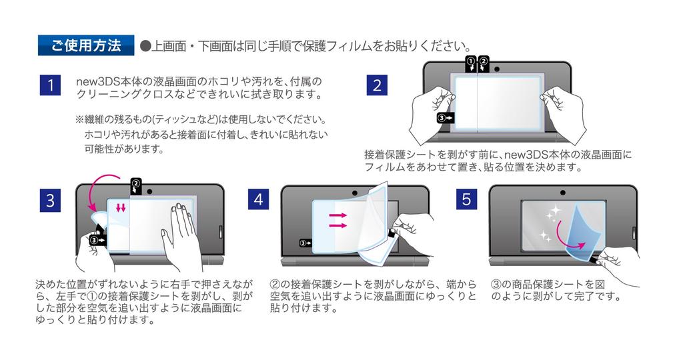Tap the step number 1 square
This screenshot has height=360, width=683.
50,85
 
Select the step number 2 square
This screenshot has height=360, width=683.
378,85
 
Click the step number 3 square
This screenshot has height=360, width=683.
50,201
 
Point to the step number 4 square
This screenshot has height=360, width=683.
259,201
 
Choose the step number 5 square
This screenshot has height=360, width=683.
466,201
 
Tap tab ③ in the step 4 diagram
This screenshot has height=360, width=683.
306,244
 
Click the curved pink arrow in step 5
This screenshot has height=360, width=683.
579,243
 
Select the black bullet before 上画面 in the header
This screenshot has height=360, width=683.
145,47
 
